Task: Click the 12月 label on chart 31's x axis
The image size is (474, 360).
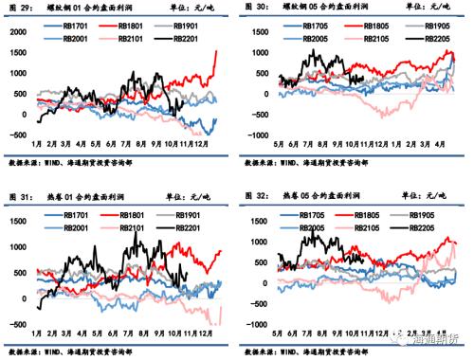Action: point(206,334)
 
